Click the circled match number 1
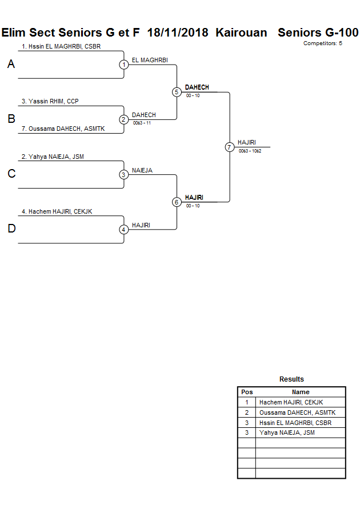pyautogui.click(x=123, y=65)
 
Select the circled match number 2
pyautogui.click(x=123, y=119)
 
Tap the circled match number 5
pyautogui.click(x=177, y=92)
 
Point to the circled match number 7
pyautogui.click(x=230, y=147)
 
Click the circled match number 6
pyautogui.click(x=177, y=202)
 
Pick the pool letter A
pyautogui.click(x=11, y=65)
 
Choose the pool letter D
pyautogui.click(x=11, y=229)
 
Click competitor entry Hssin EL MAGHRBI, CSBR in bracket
pyautogui.click(x=61, y=47)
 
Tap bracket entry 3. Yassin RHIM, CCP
pyautogui.click(x=50, y=102)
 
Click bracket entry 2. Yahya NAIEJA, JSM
pyautogui.click(x=53, y=157)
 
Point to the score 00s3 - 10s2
pyautogui.click(x=250, y=151)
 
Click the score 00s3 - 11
pyautogui.click(x=142, y=123)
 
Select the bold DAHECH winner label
pyautogui.click(x=197, y=87)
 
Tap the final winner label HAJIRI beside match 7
pyautogui.click(x=246, y=143)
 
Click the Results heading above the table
pyautogui.click(x=291, y=379)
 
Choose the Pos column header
pyautogui.click(x=247, y=392)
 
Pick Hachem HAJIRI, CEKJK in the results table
pyautogui.click(x=291, y=402)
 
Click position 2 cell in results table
pyautogui.click(x=247, y=412)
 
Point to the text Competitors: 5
pyautogui.click(x=322, y=43)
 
